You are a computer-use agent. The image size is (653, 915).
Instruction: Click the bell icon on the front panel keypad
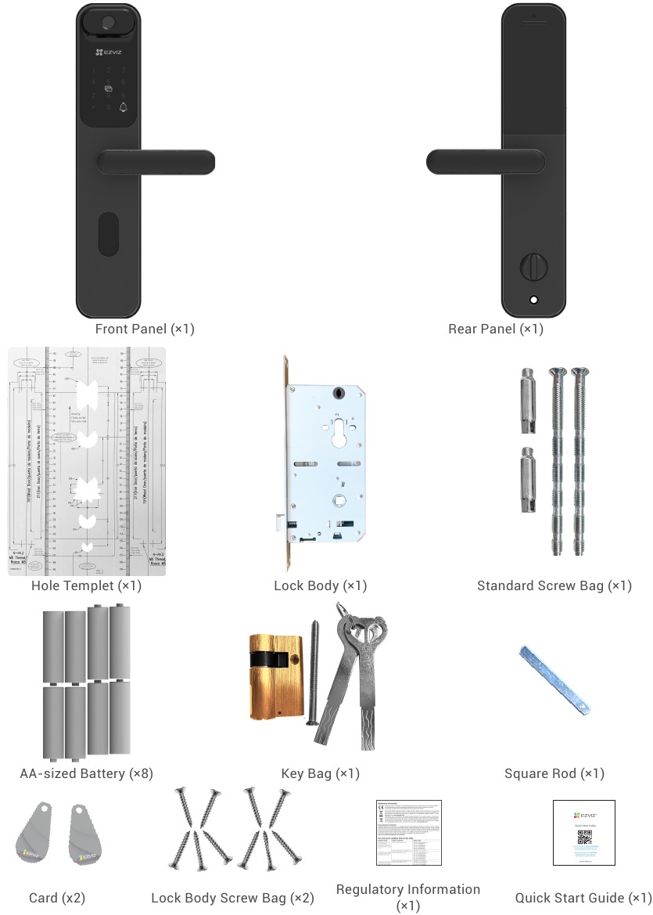(123, 107)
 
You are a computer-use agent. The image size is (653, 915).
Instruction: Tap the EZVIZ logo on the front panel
(109, 52)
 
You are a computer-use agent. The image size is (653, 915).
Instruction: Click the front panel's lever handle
(156, 162)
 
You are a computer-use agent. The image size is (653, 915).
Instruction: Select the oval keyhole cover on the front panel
(108, 235)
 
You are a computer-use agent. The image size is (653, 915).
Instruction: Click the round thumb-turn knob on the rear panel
(533, 266)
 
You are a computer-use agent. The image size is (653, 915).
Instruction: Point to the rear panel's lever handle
(485, 162)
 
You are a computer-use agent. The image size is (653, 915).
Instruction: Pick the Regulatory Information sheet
(408, 832)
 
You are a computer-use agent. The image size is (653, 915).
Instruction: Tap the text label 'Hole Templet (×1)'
(86, 585)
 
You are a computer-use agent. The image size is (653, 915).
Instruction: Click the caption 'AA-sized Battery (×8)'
(86, 773)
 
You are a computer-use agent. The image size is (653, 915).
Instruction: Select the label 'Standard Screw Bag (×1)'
(554, 585)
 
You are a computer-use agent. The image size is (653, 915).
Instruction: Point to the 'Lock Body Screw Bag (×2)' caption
(232, 898)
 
